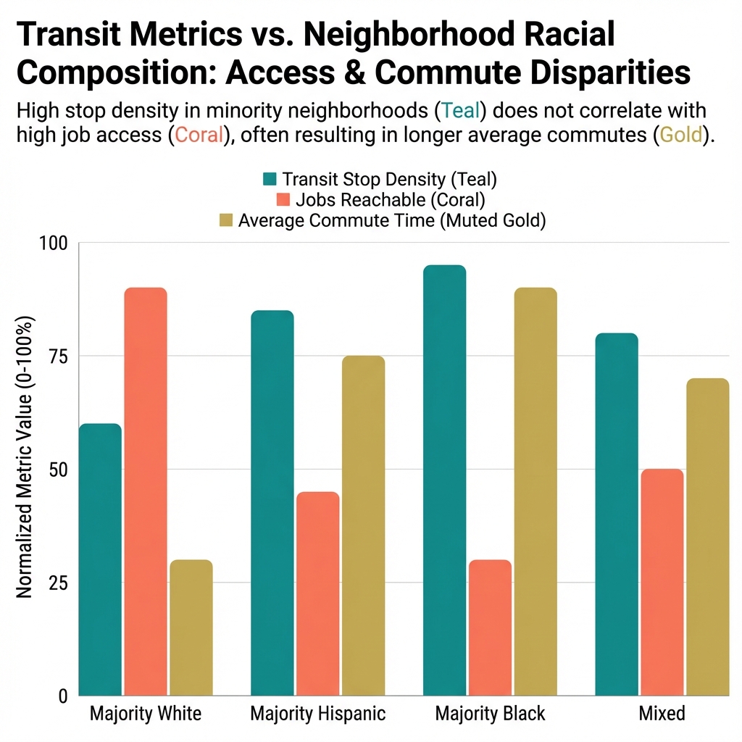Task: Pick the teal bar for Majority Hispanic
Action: click(272, 503)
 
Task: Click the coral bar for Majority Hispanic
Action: click(317, 593)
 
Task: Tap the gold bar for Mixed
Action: click(707, 537)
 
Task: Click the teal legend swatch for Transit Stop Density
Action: click(270, 179)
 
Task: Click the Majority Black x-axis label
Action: click(490, 714)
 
